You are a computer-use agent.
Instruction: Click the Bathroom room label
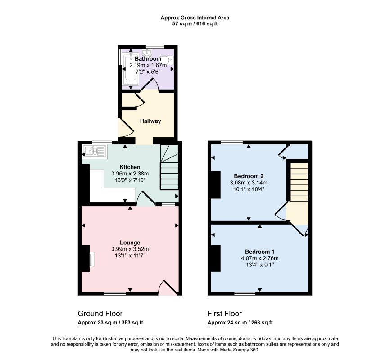[x=148, y=59]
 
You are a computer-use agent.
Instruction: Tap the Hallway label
[x=150, y=121]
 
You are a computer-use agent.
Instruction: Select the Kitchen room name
[x=130, y=167]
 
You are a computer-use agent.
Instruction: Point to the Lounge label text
[x=130, y=243]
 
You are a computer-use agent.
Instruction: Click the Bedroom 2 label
[x=249, y=176]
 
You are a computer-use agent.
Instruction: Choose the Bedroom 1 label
[x=260, y=252]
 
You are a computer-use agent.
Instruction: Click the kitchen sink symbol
[x=95, y=151]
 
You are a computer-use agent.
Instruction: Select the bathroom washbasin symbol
[x=147, y=53]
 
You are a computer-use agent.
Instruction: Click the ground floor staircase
[x=169, y=167]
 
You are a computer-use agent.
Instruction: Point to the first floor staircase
[x=299, y=182]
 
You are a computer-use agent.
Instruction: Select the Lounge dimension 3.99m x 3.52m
[x=130, y=249]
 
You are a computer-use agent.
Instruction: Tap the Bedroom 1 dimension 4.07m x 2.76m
[x=260, y=258]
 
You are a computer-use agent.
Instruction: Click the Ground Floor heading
[x=100, y=314]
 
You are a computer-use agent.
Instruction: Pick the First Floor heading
[x=225, y=314]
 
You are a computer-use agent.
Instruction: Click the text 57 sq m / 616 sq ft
[x=195, y=24]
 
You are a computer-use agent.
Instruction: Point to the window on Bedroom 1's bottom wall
[x=245, y=293]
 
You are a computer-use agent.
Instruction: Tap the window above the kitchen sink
[x=102, y=143]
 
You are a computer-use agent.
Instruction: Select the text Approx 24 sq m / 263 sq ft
[x=240, y=323]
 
